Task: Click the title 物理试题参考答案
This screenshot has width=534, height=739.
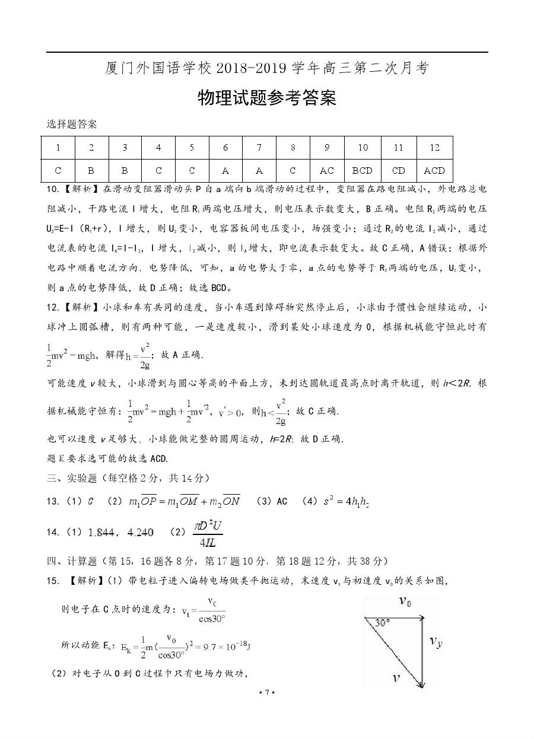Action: [x=266, y=98]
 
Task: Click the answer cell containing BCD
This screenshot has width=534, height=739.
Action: [x=362, y=171]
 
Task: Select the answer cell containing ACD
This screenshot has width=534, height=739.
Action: [x=434, y=171]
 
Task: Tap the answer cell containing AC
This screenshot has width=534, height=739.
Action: [x=327, y=171]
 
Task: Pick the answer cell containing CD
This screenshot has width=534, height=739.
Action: [x=399, y=171]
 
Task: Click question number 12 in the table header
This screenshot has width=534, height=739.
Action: [x=434, y=148]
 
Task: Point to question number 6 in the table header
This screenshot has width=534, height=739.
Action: [x=225, y=148]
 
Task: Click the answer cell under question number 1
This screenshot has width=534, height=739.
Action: [x=58, y=171]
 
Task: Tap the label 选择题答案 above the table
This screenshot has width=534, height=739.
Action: [x=72, y=125]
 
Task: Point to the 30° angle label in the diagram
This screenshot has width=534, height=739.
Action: [x=382, y=623]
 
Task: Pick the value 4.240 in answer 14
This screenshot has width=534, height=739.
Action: [x=140, y=533]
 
